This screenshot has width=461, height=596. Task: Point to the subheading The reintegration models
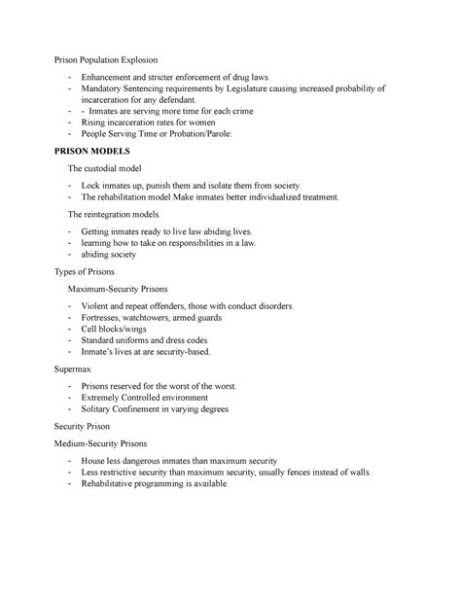coord(119,213)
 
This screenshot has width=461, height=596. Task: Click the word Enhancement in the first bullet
coord(117,76)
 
